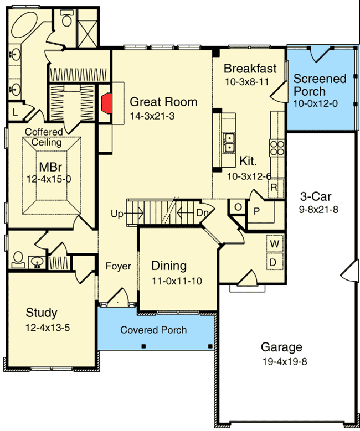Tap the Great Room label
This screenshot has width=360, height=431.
(163, 102)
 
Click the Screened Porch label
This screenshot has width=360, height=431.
(320, 85)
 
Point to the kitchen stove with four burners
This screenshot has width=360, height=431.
(277, 147)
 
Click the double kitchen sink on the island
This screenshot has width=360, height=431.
(228, 142)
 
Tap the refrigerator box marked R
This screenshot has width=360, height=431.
(274, 188)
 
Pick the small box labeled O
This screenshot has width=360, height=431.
(237, 206)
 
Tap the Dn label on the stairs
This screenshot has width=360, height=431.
(202, 213)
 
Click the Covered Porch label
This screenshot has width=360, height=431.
(153, 330)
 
